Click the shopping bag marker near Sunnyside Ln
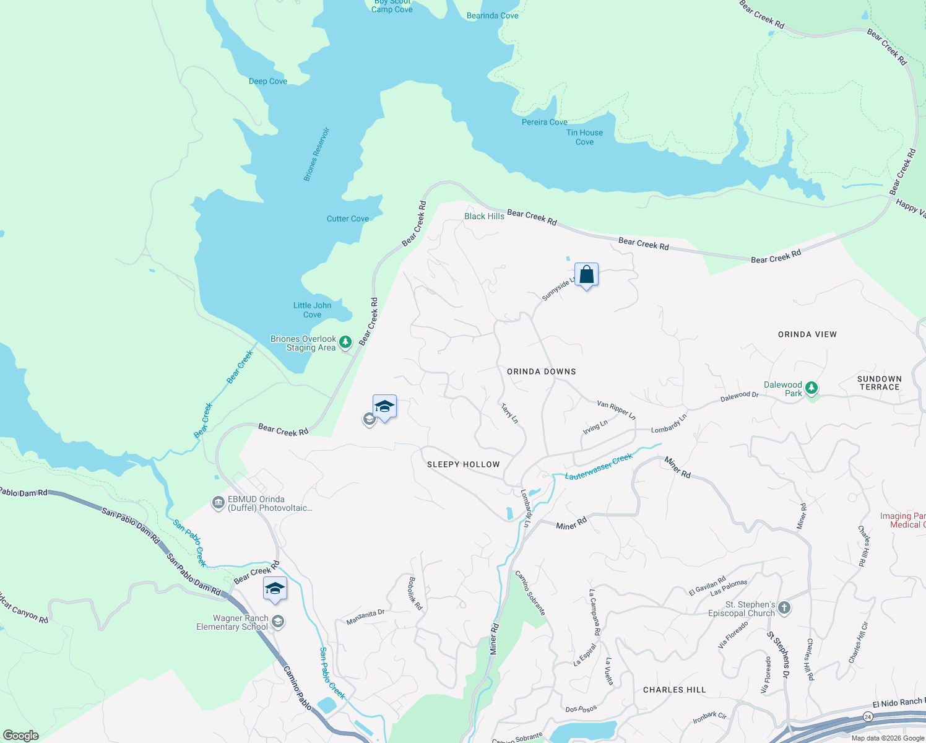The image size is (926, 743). (586, 274)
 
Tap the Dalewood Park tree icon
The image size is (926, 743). (811, 388)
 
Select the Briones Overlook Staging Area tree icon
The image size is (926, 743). (345, 342)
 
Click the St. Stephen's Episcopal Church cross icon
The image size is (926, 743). (784, 607)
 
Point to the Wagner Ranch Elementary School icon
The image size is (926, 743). (278, 621)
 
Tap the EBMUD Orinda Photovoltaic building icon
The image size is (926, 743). (218, 502)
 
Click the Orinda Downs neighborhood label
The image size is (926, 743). (541, 371)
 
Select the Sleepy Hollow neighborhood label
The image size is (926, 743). (463, 464)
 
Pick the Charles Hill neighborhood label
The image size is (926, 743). (674, 690)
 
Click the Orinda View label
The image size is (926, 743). (807, 334)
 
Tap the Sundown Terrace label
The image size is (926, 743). (879, 383)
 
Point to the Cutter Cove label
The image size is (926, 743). (347, 219)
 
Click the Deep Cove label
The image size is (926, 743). (267, 81)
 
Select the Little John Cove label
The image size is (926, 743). (312, 310)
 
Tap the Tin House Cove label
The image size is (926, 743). (584, 137)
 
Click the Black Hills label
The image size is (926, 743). (484, 216)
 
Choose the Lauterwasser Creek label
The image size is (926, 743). (599, 466)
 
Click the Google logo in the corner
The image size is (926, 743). (21, 736)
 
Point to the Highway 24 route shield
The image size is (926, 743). (868, 716)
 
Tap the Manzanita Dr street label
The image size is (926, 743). (365, 617)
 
